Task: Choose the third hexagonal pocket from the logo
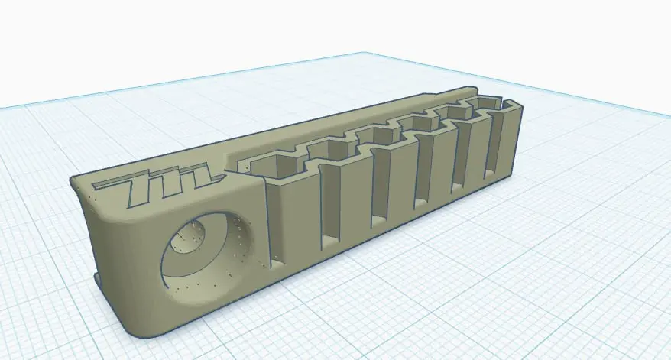(374, 138)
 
